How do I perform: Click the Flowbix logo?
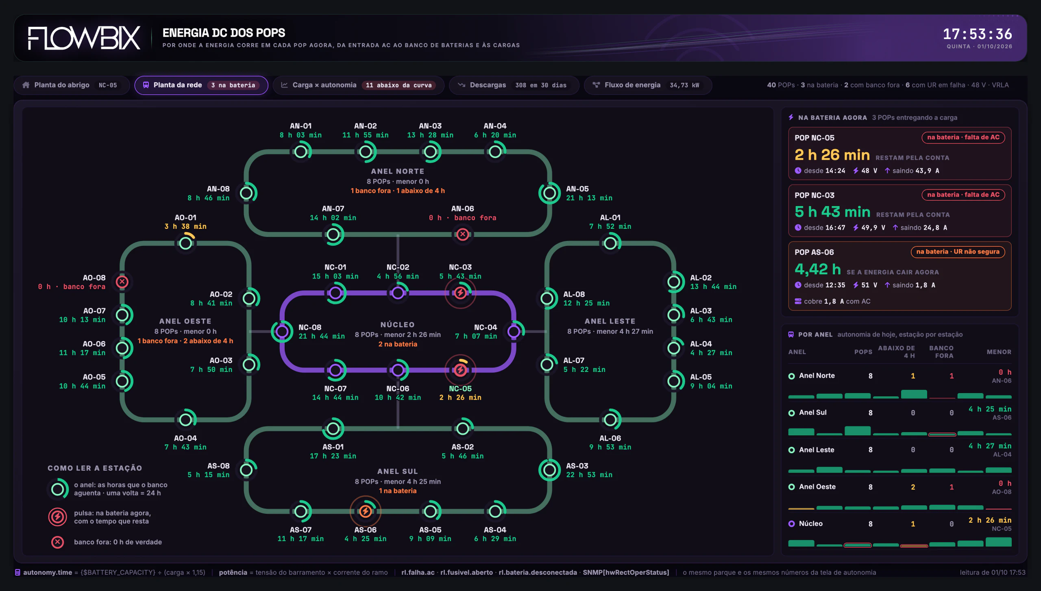tap(84, 38)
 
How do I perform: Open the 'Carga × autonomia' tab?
tap(358, 85)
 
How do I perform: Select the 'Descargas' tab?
tap(514, 85)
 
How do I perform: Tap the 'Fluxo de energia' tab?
tap(648, 85)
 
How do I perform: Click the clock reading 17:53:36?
tap(978, 34)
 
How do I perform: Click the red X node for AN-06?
tap(463, 234)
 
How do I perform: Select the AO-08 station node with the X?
tap(122, 282)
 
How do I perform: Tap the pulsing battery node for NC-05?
tap(460, 370)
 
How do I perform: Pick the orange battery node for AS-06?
tap(366, 511)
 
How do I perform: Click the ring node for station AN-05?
tap(550, 193)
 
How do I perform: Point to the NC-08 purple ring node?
tap(282, 331)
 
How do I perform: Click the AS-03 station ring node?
tap(550, 470)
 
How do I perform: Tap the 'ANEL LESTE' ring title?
tap(610, 321)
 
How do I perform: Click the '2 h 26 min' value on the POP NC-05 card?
tap(832, 155)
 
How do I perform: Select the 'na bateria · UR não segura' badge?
tap(958, 252)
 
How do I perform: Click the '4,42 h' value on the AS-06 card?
tap(818, 269)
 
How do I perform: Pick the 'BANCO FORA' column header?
tap(941, 352)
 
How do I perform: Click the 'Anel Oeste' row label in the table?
tap(817, 487)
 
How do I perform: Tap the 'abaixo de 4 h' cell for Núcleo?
tap(913, 524)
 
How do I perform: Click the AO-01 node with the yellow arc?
tap(186, 243)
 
